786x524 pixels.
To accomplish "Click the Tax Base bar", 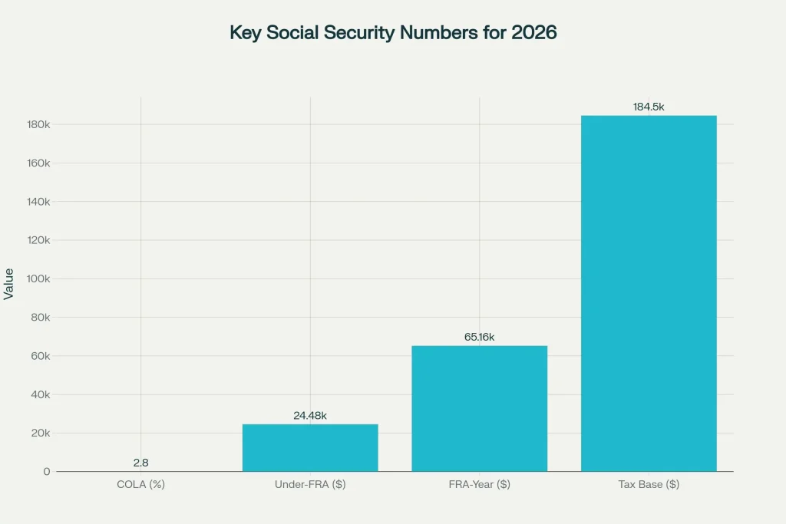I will [x=649, y=293].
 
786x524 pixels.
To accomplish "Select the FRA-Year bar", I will [x=479, y=408].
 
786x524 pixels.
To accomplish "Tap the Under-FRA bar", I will [x=310, y=447].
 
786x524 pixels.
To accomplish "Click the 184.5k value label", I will [x=649, y=107].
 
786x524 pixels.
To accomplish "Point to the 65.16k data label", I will [x=479, y=337].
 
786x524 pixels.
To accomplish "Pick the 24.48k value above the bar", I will [x=310, y=416].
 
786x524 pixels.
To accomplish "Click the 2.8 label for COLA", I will [x=140, y=463].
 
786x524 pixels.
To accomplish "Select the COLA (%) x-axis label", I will [x=140, y=485].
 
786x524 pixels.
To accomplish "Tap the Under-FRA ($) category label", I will [x=310, y=485].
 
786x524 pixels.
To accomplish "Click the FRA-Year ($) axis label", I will [x=479, y=485].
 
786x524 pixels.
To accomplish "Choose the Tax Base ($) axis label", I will [x=649, y=485].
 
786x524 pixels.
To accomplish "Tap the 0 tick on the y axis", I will [x=47, y=471].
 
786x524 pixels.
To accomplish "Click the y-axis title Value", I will [x=9, y=283].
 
